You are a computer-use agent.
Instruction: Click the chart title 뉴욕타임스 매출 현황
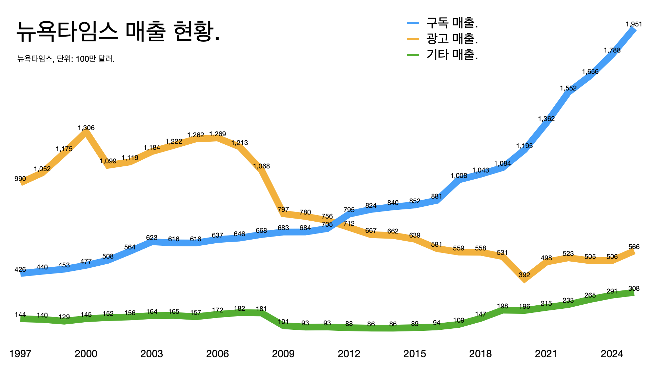point(118,31)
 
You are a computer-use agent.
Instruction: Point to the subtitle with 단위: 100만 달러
point(66,59)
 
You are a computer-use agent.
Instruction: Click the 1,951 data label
point(634,24)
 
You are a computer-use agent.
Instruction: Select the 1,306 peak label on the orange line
point(86,128)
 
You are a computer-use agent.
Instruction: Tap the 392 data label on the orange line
point(524,275)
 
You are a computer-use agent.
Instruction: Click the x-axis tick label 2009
point(283,354)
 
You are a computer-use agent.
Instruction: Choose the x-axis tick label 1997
point(20,354)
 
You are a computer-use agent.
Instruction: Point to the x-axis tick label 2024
point(612,354)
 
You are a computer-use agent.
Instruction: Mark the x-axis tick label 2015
point(414,354)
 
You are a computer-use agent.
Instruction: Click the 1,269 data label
point(217,134)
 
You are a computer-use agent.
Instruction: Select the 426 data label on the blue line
point(20,269)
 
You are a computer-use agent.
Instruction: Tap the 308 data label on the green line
point(634,288)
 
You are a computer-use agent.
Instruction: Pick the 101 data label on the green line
point(283,322)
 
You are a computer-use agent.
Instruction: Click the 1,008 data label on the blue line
point(458,176)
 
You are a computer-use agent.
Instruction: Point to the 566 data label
point(634,247)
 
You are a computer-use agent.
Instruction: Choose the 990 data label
point(20,179)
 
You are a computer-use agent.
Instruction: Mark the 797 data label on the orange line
point(283,209)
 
